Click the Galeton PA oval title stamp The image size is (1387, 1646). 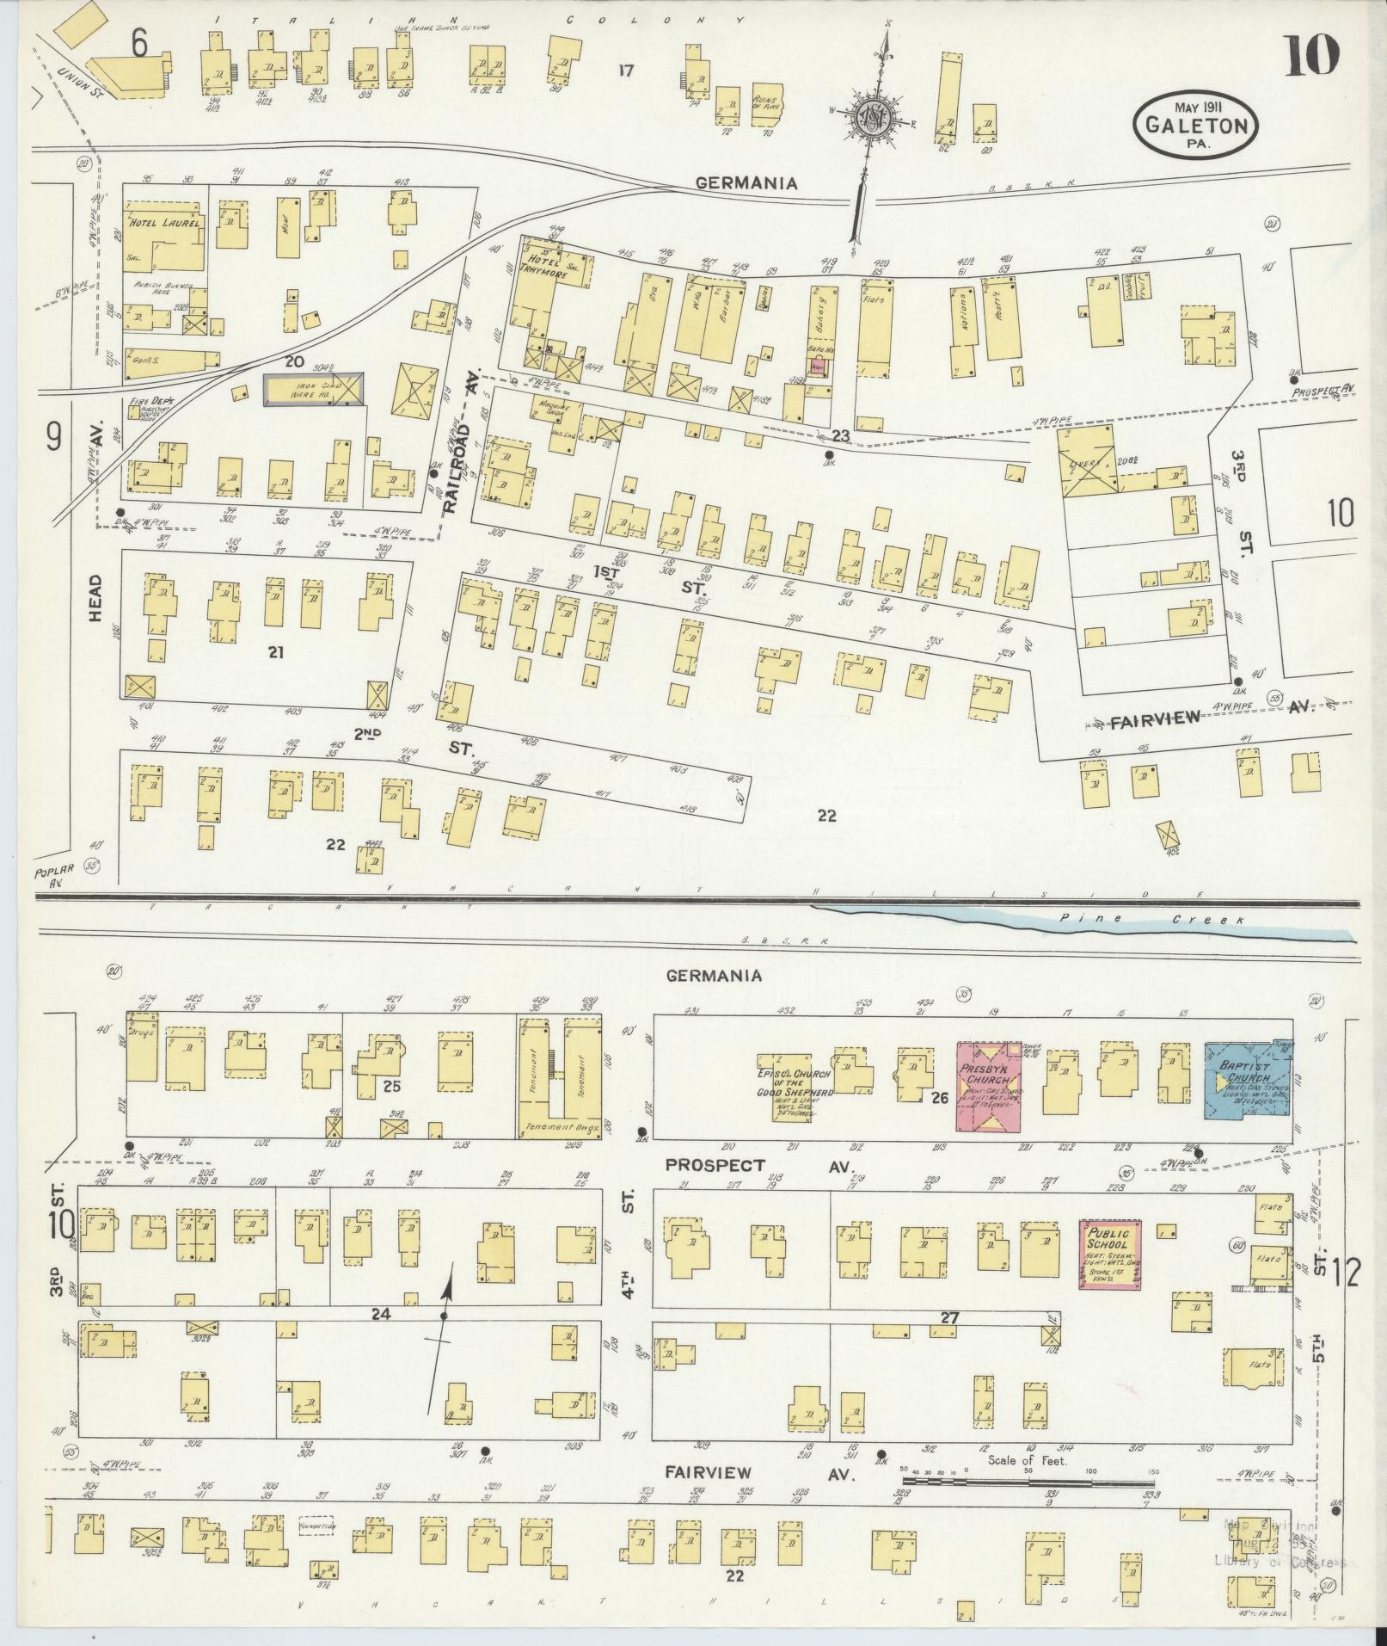pyautogui.click(x=1196, y=123)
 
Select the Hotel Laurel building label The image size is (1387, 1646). pyautogui.click(x=165, y=223)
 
